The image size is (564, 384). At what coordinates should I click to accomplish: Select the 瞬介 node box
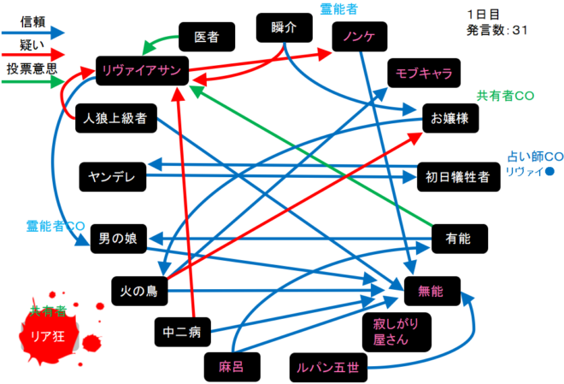[x=281, y=27]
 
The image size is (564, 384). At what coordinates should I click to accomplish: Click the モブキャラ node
[x=424, y=73]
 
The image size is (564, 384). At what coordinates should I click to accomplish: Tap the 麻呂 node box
[x=231, y=366]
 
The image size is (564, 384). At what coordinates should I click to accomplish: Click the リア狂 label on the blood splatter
[x=47, y=335]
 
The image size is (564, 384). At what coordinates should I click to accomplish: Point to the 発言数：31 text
[x=498, y=31]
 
